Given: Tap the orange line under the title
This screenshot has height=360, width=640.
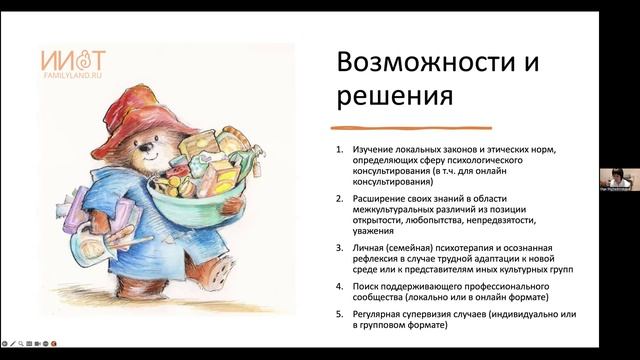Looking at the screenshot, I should click(411, 129).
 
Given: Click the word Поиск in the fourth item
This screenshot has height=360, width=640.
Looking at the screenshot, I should click(364, 286).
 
